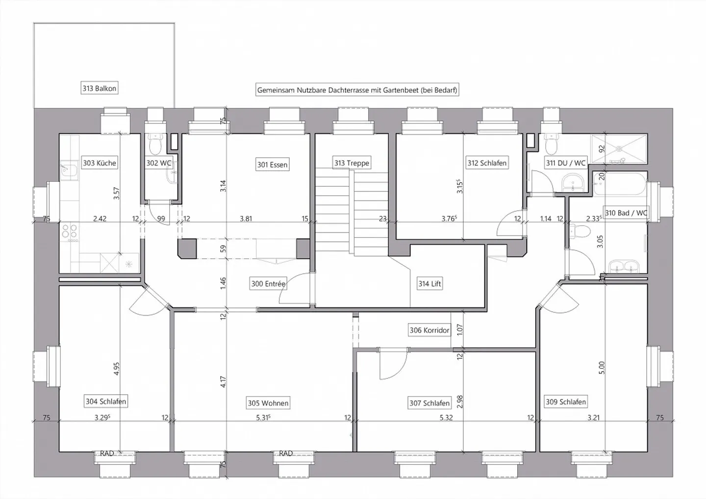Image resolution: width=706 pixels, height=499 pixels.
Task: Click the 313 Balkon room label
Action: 99,88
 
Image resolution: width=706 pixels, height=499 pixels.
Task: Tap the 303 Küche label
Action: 99,163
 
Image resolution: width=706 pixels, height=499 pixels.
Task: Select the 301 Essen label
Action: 272,164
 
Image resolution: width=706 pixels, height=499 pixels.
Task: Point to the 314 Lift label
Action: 429,283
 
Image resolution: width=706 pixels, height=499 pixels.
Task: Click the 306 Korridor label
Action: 429,330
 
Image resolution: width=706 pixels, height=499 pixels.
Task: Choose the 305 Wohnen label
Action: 268,403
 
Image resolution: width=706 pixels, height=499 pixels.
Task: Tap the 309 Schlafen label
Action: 566,401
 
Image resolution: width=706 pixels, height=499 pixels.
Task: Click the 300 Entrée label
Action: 268,283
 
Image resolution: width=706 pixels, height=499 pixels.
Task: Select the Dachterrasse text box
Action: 357,90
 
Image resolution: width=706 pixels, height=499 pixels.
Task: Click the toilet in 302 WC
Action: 155,144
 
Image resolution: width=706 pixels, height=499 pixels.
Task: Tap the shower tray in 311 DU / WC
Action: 619,150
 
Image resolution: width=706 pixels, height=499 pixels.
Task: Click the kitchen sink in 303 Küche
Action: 69,172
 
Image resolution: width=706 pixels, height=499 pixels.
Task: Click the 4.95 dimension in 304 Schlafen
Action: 116,369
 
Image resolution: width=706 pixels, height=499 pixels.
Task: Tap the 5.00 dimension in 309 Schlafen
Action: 602,368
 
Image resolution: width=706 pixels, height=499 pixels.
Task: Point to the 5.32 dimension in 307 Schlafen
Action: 446,418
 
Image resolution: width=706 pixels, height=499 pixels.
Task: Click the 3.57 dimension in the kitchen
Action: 116,194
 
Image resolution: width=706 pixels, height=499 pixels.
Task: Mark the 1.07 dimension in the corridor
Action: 459,329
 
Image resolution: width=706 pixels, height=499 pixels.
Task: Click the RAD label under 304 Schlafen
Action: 107,453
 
